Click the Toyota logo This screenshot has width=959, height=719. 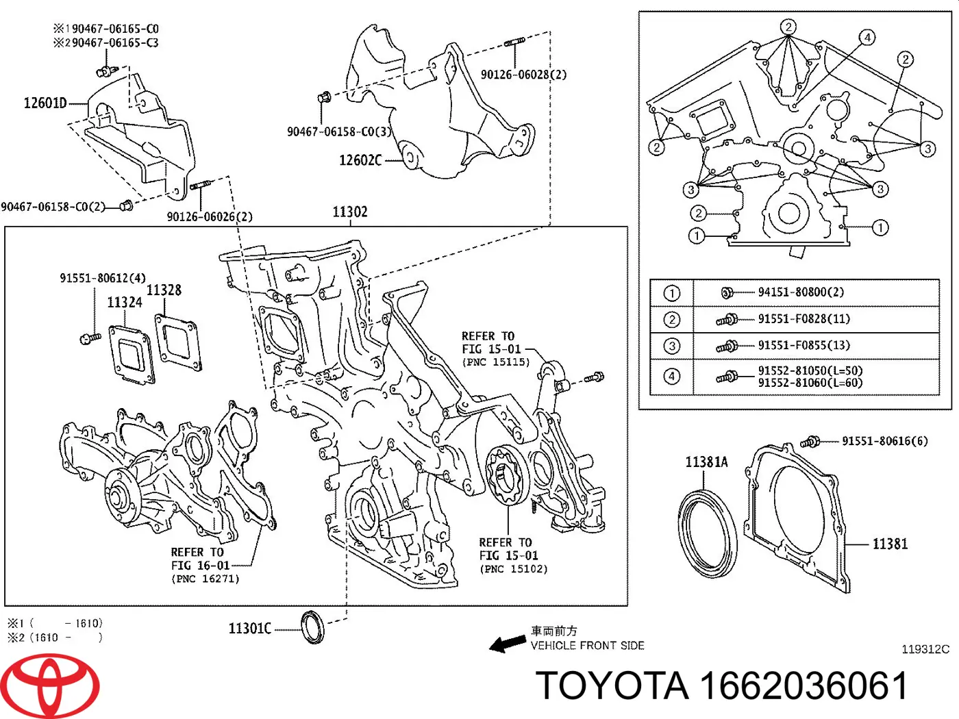click(49, 685)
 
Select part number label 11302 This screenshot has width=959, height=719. click(349, 212)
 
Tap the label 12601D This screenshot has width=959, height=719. click(45, 103)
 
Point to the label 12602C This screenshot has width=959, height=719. click(360, 160)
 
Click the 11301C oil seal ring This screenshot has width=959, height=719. click(313, 627)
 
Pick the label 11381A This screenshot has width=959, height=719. click(706, 462)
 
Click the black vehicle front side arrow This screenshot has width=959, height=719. click(508, 644)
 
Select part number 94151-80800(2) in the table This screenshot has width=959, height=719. click(800, 292)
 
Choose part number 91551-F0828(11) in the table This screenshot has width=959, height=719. click(804, 319)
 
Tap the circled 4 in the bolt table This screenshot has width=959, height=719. click(672, 377)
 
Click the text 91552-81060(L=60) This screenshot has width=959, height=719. click(810, 383)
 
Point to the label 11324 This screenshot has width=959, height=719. click(125, 302)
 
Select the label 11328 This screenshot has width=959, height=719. click(164, 290)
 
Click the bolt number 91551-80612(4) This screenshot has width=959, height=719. click(102, 278)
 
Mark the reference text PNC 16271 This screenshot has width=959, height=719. click(206, 579)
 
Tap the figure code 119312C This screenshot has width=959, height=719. click(925, 649)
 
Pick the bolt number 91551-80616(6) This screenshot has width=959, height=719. click(884, 441)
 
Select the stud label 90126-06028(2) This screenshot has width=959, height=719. click(523, 75)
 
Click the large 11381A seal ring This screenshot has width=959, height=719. click(708, 533)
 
